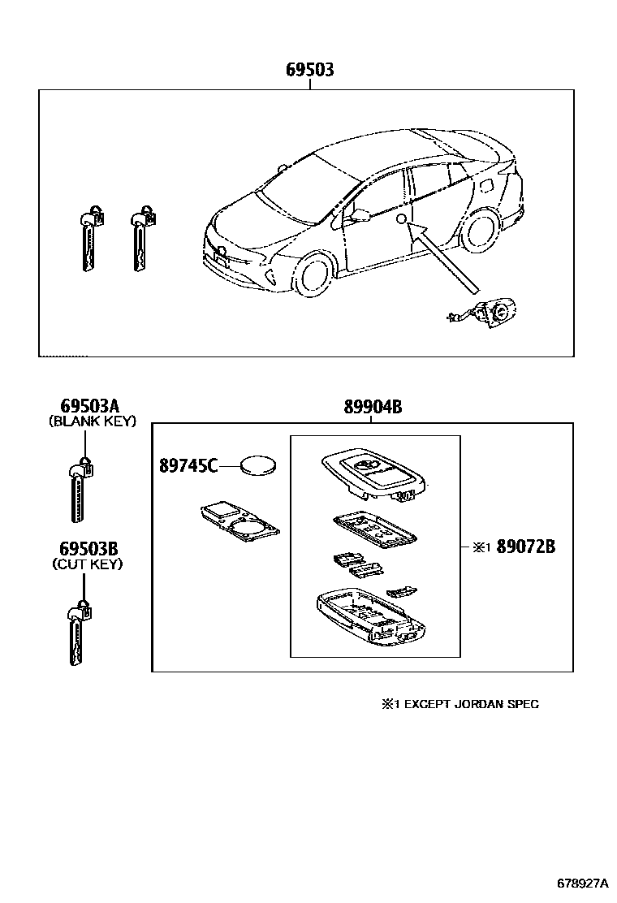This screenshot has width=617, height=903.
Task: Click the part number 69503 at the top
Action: (309, 71)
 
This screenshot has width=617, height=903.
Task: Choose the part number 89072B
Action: (525, 547)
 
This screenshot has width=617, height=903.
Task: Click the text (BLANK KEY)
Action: (92, 421)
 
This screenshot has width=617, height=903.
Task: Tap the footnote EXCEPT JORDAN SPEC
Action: (466, 704)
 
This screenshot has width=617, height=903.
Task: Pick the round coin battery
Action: (259, 466)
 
